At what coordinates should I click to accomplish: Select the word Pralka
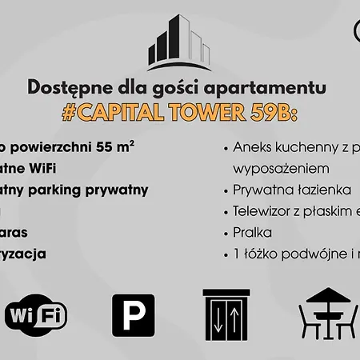click(x=253, y=233)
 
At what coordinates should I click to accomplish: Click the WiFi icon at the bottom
click(x=36, y=315)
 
